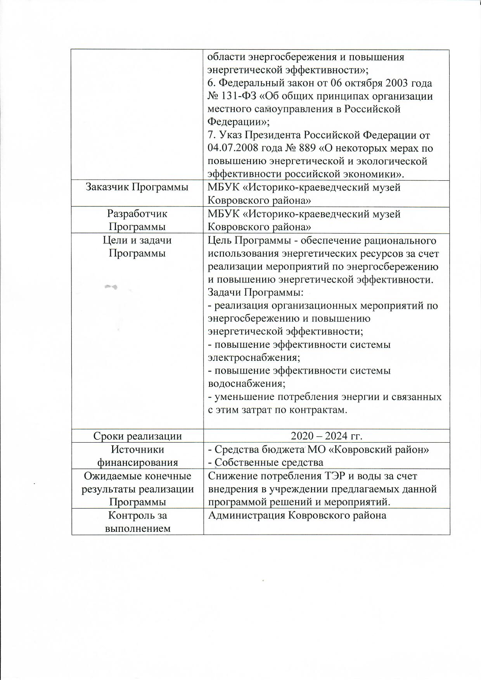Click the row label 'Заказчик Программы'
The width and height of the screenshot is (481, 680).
tap(137, 187)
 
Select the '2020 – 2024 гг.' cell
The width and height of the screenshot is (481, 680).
tap(327, 436)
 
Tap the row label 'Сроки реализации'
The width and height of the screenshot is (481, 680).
tap(138, 436)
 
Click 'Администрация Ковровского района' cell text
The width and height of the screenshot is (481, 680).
tap(297, 515)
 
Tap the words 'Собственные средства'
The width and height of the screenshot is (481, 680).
tap(269, 462)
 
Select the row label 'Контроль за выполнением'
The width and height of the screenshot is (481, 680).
tap(137, 522)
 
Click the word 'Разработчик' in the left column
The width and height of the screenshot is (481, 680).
tap(137, 213)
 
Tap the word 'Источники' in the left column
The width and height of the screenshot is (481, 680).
tap(137, 449)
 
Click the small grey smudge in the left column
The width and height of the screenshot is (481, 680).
tap(111, 287)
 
